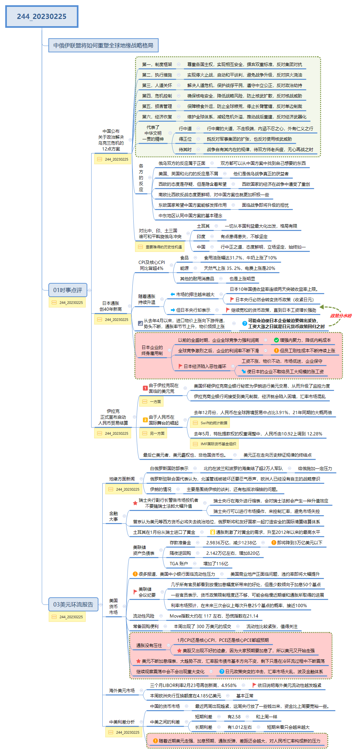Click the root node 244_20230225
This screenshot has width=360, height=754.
tap(42, 16)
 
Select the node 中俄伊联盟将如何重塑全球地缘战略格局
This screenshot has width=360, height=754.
tap(103, 45)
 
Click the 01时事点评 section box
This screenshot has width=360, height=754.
tap(68, 290)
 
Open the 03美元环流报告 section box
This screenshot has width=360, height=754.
tap(73, 605)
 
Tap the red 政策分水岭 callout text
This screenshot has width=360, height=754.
tap(341, 316)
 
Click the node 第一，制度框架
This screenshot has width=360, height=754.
tap(157, 65)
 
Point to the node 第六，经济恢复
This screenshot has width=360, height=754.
tap(157, 117)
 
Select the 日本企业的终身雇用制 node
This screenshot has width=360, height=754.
tap(152, 350)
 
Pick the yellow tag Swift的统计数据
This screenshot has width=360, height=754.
tap(210, 423)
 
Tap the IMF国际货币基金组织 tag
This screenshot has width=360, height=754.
tap(215, 444)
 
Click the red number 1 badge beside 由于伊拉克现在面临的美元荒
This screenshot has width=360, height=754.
tap(145, 388)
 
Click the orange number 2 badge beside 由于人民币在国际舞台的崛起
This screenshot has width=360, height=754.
tap(145, 420)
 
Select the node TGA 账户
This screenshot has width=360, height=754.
tap(179, 564)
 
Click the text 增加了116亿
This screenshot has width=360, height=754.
tap(216, 564)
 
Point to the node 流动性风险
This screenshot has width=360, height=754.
tap(144, 616)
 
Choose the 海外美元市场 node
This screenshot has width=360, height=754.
tap(122, 691)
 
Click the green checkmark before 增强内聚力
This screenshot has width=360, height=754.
tap(276, 340)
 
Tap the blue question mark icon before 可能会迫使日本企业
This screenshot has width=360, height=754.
tap(244, 324)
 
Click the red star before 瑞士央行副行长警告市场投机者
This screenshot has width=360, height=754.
tap(135, 503)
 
